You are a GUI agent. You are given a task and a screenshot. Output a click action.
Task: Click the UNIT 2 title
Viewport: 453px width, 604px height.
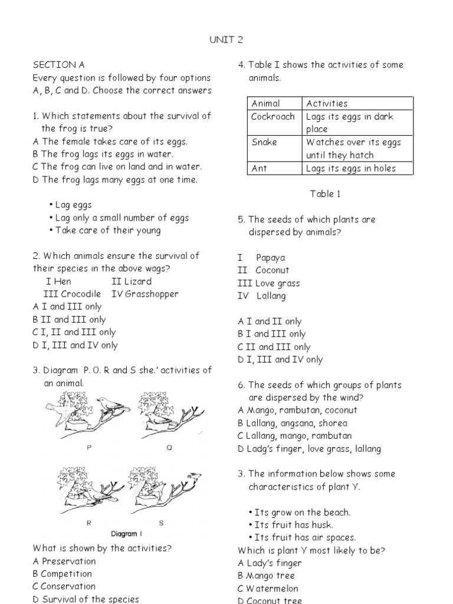click(226, 40)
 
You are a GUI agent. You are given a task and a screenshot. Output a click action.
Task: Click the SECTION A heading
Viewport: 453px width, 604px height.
click(54, 65)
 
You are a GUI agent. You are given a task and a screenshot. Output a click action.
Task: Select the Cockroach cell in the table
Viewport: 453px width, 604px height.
click(273, 116)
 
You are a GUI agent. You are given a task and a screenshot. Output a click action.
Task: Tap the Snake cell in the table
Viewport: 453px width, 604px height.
click(264, 142)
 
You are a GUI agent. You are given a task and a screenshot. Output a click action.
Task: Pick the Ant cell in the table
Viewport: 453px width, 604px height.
click(259, 168)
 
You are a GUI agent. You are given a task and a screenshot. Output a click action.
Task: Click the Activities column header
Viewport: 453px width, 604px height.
click(327, 103)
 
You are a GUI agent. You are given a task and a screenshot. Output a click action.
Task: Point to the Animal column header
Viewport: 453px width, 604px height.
click(265, 103)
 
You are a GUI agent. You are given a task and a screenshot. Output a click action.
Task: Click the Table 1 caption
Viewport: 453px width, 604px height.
click(325, 193)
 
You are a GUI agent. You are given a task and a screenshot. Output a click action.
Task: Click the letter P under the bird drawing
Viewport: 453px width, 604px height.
click(89, 448)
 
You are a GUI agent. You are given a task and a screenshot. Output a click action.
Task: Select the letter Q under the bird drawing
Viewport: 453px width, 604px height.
click(169, 448)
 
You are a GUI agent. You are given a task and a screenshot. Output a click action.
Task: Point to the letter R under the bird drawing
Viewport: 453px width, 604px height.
click(88, 523)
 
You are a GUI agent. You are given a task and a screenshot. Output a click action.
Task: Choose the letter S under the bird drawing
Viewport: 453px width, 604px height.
click(161, 523)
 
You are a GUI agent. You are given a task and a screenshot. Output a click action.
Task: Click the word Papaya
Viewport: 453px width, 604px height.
click(271, 258)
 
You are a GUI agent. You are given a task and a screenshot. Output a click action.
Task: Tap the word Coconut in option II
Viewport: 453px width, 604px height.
click(273, 271)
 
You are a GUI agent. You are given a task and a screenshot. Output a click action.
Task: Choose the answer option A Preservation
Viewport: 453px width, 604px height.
click(64, 561)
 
